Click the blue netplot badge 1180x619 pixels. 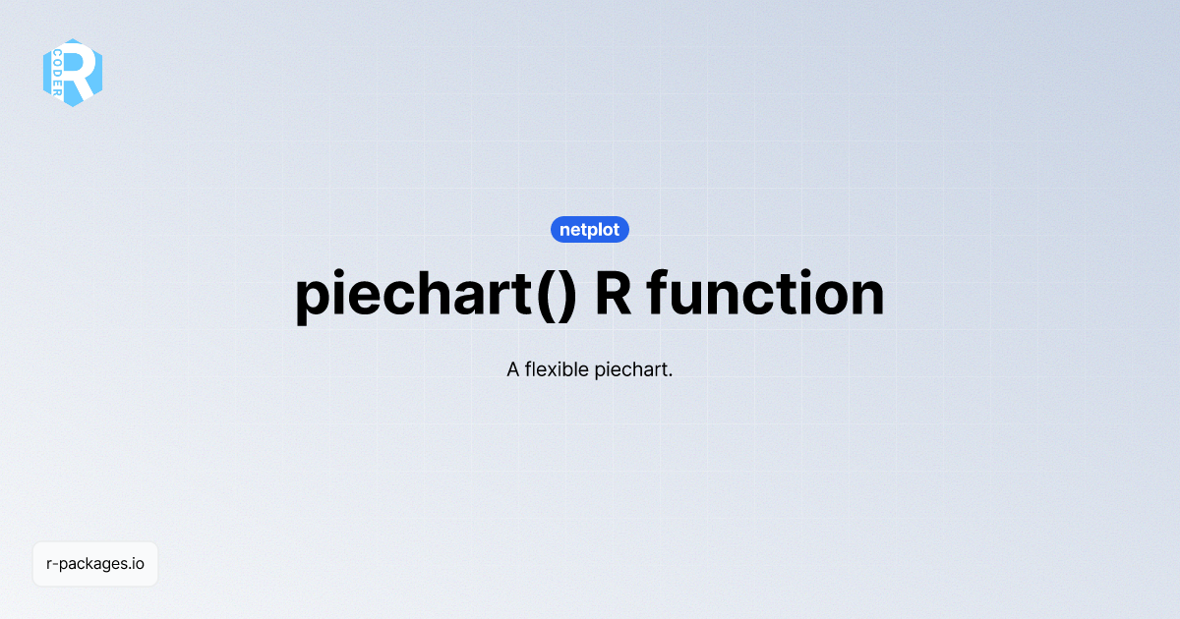click(x=590, y=230)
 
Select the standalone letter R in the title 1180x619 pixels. click(x=614, y=294)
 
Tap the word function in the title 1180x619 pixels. click(x=766, y=294)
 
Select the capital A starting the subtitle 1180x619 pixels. click(x=513, y=370)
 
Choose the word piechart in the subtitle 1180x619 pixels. click(x=630, y=371)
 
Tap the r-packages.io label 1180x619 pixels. click(x=95, y=564)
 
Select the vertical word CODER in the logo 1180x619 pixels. click(x=58, y=72)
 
